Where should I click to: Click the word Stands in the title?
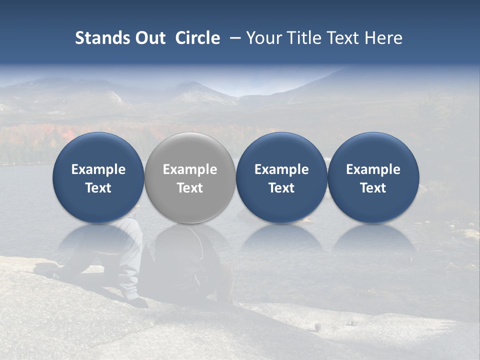point(102,38)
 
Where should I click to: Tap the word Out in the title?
point(149,38)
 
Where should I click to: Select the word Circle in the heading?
point(197,38)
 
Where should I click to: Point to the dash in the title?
point(233,38)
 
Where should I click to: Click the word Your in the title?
point(263,38)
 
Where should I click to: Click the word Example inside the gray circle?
point(190,169)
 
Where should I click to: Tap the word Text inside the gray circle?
point(190,188)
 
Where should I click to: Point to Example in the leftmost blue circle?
point(98,169)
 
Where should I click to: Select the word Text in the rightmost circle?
point(373,188)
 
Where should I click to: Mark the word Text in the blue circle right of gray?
point(281,188)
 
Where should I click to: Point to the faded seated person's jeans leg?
point(131,260)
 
